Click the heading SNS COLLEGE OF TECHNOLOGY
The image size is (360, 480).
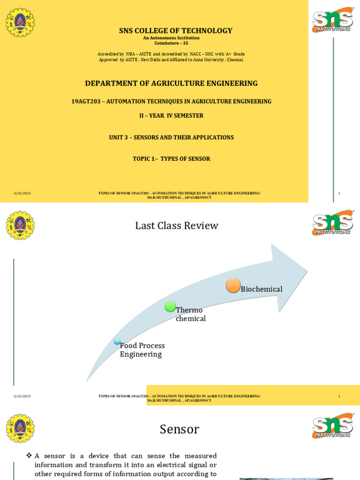(x=176, y=31)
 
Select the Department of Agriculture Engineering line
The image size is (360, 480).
(x=171, y=83)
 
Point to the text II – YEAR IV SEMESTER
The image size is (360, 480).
(x=171, y=115)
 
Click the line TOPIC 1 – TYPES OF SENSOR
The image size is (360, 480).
(x=171, y=159)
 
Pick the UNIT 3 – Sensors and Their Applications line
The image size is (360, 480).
(x=171, y=137)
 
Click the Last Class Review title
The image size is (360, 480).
(x=177, y=225)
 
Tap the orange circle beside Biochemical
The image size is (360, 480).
(x=233, y=285)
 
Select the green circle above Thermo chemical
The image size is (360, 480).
(x=170, y=307)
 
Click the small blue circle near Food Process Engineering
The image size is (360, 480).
(x=117, y=341)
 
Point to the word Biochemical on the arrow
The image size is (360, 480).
(x=262, y=289)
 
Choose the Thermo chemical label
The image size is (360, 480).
(x=190, y=315)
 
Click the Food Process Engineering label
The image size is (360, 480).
(x=142, y=350)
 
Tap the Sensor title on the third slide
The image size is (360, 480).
(x=179, y=429)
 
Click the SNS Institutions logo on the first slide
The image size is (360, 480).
(x=333, y=19)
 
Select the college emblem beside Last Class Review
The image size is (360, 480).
(x=20, y=225)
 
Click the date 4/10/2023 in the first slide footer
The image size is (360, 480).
(x=22, y=193)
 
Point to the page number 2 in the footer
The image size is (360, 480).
(x=339, y=396)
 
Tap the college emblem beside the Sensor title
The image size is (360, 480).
(x=20, y=428)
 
